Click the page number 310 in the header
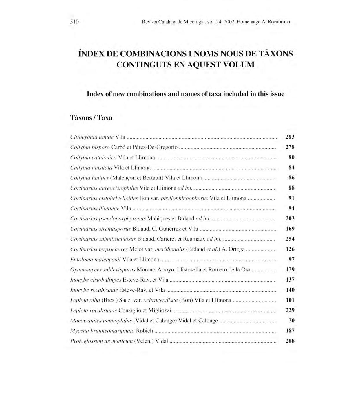(x=74, y=22)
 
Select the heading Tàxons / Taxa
(x=91, y=118)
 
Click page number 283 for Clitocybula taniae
(x=290, y=137)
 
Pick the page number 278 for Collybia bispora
(x=290, y=147)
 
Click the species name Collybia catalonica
(x=93, y=157)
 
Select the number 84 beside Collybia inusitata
(x=291, y=168)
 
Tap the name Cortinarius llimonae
(x=95, y=208)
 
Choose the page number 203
(x=290, y=218)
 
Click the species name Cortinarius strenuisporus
(x=100, y=229)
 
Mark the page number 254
(x=290, y=239)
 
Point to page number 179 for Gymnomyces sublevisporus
(x=290, y=269)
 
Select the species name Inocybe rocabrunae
(x=94, y=290)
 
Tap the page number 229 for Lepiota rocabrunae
(x=290, y=310)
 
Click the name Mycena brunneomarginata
(x=102, y=331)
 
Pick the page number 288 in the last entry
(x=290, y=341)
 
